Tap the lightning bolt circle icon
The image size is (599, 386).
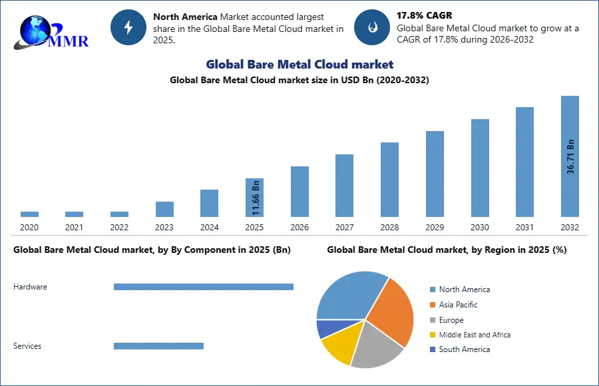point(128,27)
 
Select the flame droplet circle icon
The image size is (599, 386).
point(371,27)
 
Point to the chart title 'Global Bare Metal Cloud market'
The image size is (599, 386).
point(299,65)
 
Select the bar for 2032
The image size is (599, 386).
point(570,156)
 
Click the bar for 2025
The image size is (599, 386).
point(254,198)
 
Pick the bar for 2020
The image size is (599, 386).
point(29,214)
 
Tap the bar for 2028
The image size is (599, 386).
point(389,180)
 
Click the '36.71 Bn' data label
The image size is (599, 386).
point(570,156)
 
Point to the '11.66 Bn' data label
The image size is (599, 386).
point(255,198)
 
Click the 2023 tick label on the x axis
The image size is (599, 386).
point(164,228)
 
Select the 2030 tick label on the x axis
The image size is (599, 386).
point(480,228)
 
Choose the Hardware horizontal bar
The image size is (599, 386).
point(203,287)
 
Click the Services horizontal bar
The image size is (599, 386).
point(158,346)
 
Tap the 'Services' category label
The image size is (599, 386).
point(27,346)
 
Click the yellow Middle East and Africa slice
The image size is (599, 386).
point(338,346)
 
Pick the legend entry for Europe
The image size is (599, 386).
point(451,320)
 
